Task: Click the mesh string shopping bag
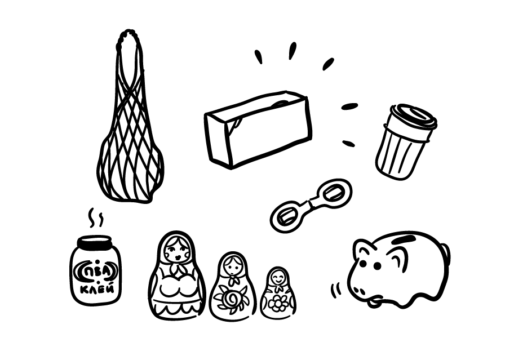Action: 130,125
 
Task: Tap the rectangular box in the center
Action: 258,130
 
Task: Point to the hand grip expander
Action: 311,206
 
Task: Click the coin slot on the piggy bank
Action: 405,239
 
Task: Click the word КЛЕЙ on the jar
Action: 98,289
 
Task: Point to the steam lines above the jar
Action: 96,217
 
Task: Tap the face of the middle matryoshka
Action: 233,266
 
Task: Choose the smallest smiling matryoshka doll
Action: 278,293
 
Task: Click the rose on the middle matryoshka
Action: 232,299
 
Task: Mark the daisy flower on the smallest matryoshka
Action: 278,303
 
